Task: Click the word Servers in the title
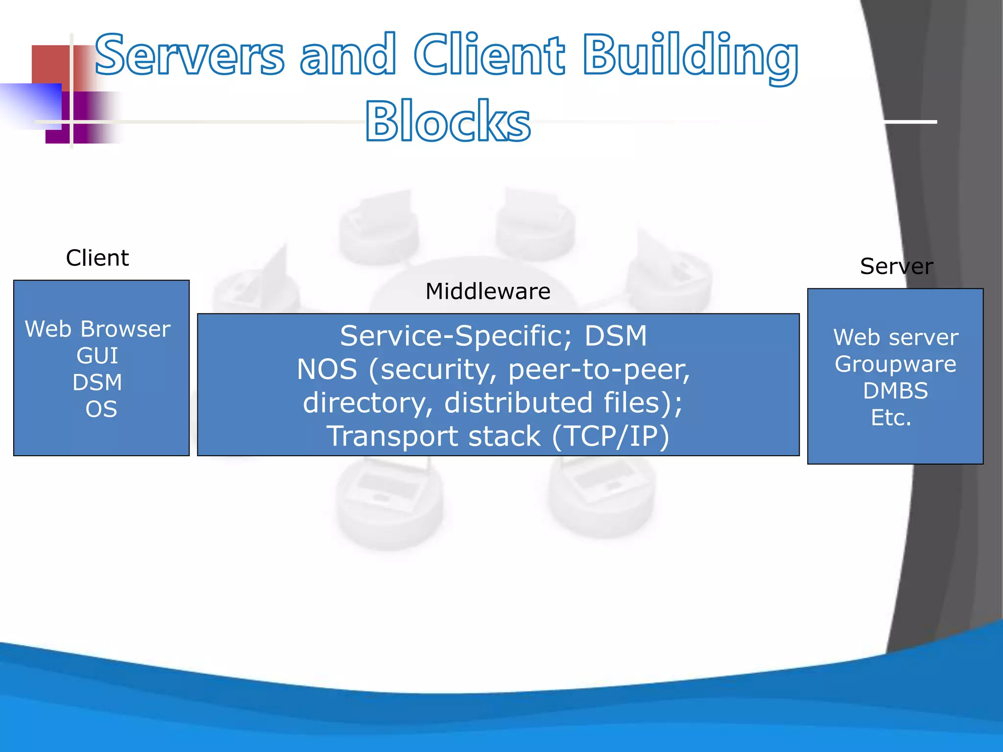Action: click(x=190, y=55)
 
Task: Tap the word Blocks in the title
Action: click(x=448, y=121)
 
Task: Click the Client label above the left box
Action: click(x=97, y=258)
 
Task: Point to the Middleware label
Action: click(x=488, y=292)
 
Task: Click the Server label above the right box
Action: click(x=896, y=266)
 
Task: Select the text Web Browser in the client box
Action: click(x=97, y=329)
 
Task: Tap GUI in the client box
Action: click(x=97, y=356)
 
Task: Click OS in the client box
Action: click(x=101, y=409)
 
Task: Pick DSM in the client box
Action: click(x=97, y=382)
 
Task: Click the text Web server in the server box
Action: click(x=895, y=337)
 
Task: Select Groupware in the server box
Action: click(x=895, y=364)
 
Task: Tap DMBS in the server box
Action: click(x=895, y=391)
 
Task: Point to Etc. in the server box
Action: click(x=891, y=418)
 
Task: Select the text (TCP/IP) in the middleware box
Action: click(x=610, y=436)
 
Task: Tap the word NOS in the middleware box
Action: click(x=327, y=370)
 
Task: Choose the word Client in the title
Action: click(x=489, y=55)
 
